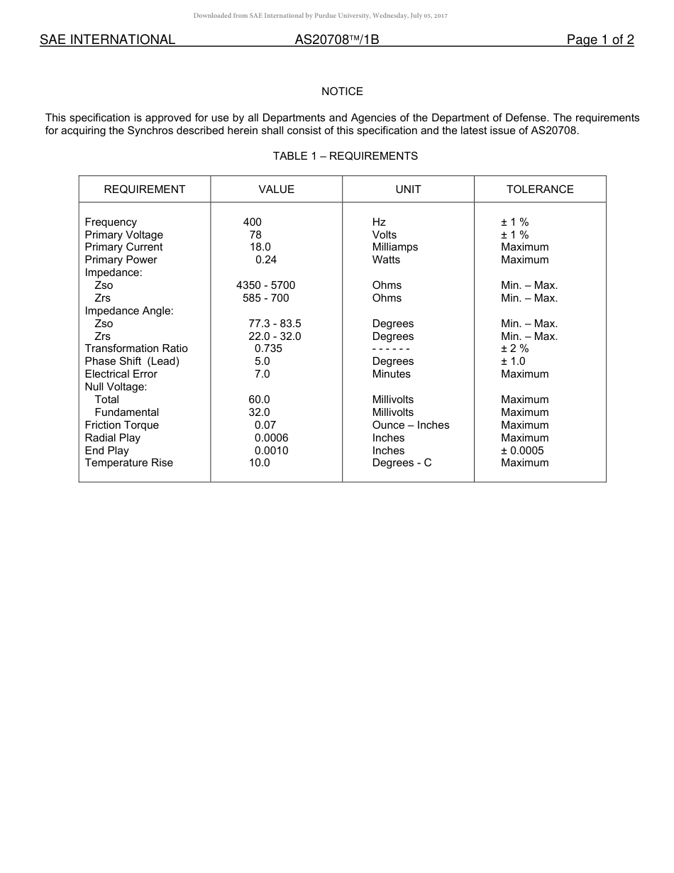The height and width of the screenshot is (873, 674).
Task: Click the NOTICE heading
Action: coord(342,92)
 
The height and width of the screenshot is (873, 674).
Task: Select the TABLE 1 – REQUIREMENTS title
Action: coord(346,156)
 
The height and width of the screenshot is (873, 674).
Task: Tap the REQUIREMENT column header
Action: coord(144,190)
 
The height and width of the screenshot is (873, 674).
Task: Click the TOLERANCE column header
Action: coord(540,190)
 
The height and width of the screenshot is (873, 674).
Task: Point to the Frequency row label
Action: coord(111,222)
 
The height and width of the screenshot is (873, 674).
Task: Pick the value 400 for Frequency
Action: coord(252,222)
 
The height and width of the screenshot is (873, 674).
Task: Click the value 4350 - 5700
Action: coord(265,285)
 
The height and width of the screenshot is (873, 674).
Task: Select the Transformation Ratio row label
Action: coord(136,348)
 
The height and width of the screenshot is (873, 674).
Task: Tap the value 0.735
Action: coord(268,348)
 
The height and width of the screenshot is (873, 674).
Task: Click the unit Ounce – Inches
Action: coord(411,425)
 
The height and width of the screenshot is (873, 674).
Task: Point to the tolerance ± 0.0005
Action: coord(522,451)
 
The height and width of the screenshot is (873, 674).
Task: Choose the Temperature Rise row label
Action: coord(128,463)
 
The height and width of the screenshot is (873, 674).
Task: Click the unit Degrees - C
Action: coord(402,463)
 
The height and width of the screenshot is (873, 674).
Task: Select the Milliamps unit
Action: coord(395,247)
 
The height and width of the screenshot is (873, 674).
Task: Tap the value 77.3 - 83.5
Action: coord(275,324)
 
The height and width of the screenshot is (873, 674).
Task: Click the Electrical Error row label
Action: coord(121,374)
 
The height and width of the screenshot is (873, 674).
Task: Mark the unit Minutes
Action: coord(392,374)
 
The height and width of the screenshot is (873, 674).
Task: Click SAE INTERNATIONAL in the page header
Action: coord(107,40)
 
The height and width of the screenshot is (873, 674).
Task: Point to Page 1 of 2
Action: coord(600,40)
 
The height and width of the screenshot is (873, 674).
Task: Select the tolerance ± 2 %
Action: coord(515,348)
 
